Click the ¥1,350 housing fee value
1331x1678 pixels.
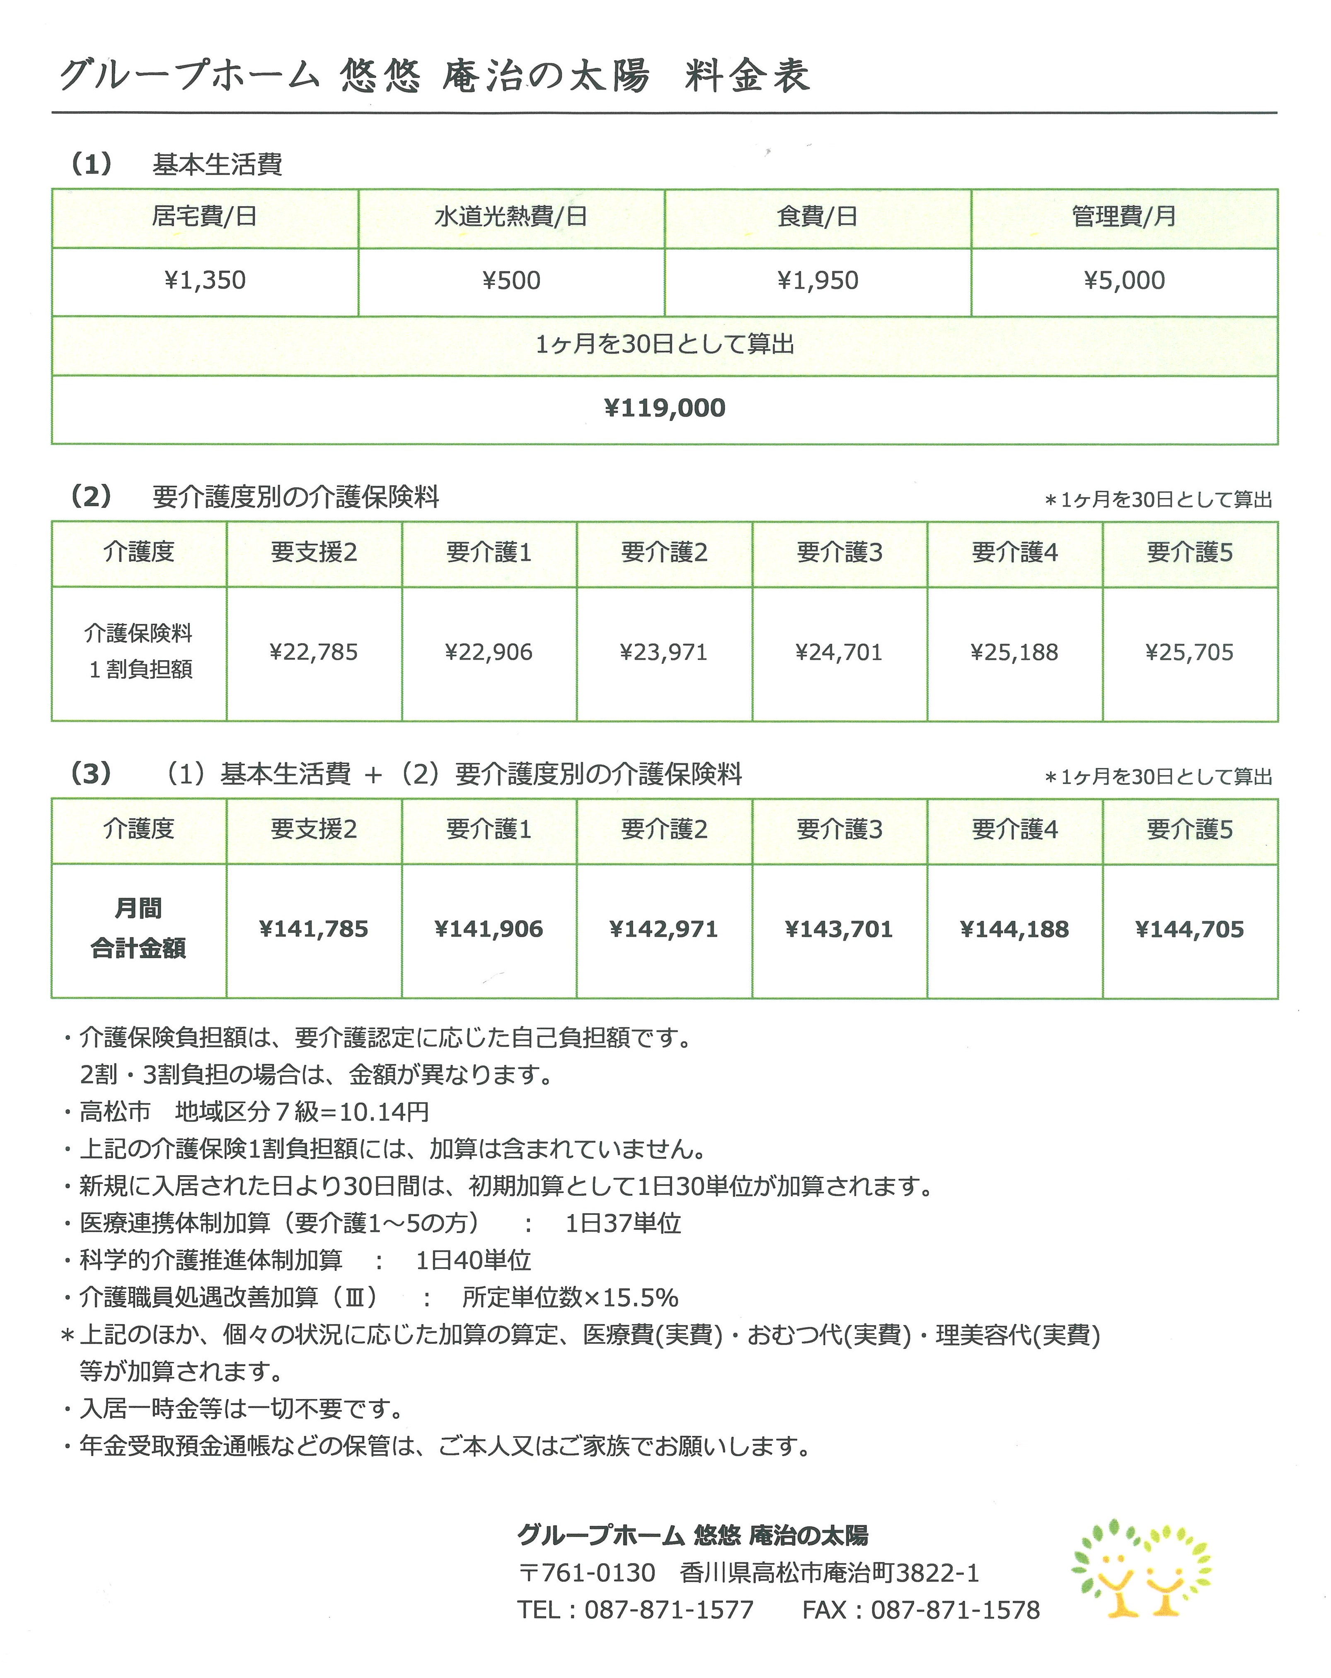(x=205, y=280)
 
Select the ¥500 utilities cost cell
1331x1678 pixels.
(x=511, y=280)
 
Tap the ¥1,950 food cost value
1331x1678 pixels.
(x=818, y=280)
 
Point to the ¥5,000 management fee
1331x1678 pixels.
(x=1124, y=280)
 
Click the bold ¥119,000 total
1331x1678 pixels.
(x=664, y=408)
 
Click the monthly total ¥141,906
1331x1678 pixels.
(x=489, y=928)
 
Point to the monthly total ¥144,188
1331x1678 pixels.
(x=1014, y=928)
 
